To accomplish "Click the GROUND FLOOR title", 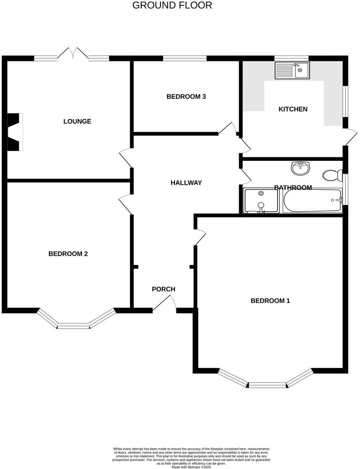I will pos(172,5).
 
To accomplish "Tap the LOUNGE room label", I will pos(77,121).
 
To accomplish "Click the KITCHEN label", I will pos(293,109).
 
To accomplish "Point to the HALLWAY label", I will pos(186,182).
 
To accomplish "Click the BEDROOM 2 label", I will pos(68,253).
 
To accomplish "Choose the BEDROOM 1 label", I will pos(270,301).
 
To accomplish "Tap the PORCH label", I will pos(163,289).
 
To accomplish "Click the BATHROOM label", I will pos(293,187).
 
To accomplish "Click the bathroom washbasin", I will pos(300,167).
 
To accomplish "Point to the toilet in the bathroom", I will pos(332,175).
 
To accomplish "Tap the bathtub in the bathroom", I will pos(312,201).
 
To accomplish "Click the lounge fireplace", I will pos(15,132).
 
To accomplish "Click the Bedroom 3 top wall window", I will pos(184,58).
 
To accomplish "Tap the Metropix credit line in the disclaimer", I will pos(191,467).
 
